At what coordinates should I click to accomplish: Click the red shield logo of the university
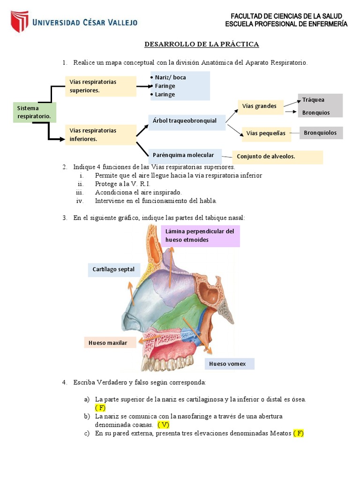[x=19, y=22]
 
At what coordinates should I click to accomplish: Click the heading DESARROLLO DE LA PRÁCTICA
[x=202, y=45]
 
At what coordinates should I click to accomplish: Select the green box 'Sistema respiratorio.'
[x=35, y=112]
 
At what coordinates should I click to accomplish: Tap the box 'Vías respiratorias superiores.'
[x=100, y=86]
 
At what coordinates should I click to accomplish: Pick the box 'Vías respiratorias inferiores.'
[x=100, y=135]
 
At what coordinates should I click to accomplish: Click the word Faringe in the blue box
[x=165, y=86]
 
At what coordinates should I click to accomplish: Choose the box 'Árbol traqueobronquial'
[x=186, y=121]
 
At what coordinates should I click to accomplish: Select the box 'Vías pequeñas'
[x=266, y=134]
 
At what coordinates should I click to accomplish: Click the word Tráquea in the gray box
[x=313, y=100]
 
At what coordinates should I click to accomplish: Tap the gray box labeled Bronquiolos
[x=321, y=133]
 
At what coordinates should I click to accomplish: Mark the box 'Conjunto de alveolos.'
[x=277, y=157]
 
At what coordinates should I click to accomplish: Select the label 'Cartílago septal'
[x=113, y=270]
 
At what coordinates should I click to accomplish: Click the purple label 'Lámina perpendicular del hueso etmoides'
[x=200, y=235]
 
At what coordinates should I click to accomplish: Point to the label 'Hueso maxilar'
[x=110, y=343]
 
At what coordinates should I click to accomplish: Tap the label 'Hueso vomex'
[x=229, y=364]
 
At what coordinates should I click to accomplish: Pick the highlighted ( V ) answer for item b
[x=163, y=425]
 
